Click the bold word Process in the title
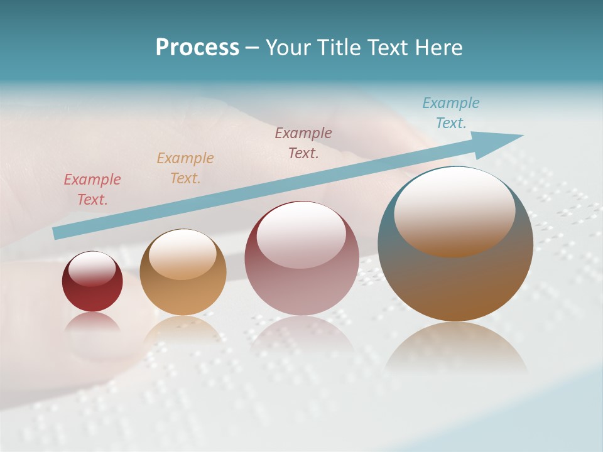(197, 48)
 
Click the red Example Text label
(92, 190)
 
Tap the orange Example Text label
(185, 168)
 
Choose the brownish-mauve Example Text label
(303, 143)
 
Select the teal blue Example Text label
(451, 113)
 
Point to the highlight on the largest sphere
(454, 212)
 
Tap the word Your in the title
(286, 48)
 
